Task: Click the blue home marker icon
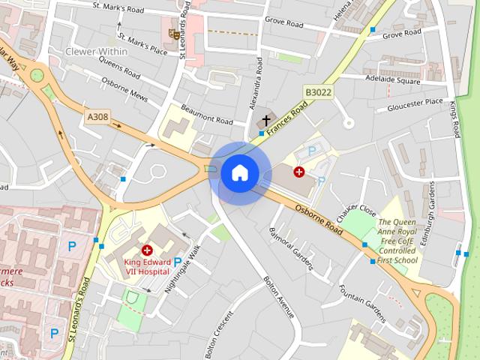pos(239,173)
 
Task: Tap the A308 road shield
pos(97,117)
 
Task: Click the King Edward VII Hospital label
pos(147,266)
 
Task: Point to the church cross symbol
pos(266,121)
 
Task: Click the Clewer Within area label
pos(97,52)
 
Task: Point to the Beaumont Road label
pos(206,115)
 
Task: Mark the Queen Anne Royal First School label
pos(397,241)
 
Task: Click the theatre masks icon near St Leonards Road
pos(175,33)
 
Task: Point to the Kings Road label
pos(454,118)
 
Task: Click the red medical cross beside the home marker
pos(299,172)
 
